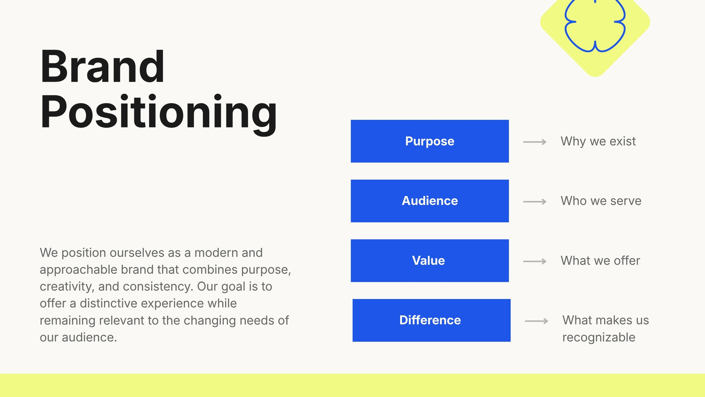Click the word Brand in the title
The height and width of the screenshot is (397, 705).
tap(102, 66)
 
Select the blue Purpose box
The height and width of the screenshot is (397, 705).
tap(430, 141)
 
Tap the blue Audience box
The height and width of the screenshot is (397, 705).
tap(430, 201)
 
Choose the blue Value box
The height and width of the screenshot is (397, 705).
tap(430, 261)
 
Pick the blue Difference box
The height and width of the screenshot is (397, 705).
tap(431, 320)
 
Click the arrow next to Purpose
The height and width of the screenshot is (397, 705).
tap(535, 142)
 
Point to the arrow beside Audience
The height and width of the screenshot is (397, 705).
tap(535, 202)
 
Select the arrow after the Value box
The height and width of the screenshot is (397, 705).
tap(535, 262)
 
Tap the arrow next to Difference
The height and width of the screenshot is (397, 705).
tap(537, 321)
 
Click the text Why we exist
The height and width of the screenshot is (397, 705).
tap(598, 142)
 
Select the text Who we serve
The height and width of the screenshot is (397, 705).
tap(601, 201)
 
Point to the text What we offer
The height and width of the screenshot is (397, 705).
tap(600, 261)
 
